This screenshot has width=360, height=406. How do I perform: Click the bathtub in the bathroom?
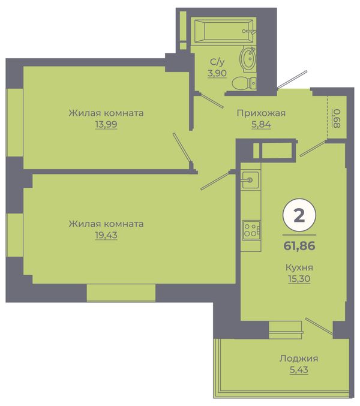point(224,31)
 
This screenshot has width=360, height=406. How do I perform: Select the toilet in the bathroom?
point(244,83)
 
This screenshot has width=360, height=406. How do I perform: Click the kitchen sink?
point(250,180)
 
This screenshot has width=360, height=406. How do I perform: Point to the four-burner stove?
point(251,230)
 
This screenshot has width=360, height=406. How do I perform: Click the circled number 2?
point(299,215)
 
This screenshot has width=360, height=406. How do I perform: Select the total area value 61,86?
point(299,246)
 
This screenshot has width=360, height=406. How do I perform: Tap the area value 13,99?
point(106,125)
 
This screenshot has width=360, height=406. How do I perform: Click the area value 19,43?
point(106,235)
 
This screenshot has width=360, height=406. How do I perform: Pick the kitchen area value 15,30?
point(299,279)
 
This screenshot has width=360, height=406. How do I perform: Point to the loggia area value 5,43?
point(299,370)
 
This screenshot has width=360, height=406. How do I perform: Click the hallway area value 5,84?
point(261,125)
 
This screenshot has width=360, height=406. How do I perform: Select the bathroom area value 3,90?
point(217,73)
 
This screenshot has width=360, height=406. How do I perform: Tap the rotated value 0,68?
point(337,118)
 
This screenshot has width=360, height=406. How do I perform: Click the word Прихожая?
point(261,113)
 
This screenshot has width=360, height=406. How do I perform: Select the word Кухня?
point(299,267)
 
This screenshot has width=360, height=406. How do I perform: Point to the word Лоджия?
point(299,359)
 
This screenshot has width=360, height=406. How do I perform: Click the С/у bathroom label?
point(217,62)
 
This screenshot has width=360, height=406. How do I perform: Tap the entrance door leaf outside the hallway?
point(292,80)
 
